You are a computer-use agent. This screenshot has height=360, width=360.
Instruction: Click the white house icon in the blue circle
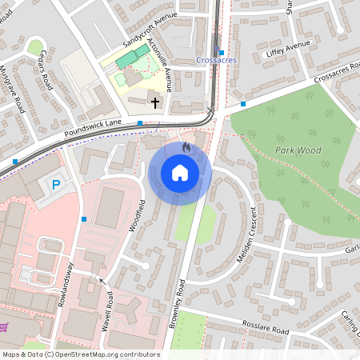[180, 173]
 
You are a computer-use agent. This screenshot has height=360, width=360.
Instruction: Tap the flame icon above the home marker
[186, 148]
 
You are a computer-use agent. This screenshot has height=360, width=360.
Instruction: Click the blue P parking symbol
[56, 185]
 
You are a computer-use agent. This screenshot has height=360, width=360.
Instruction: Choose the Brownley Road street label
[178, 299]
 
